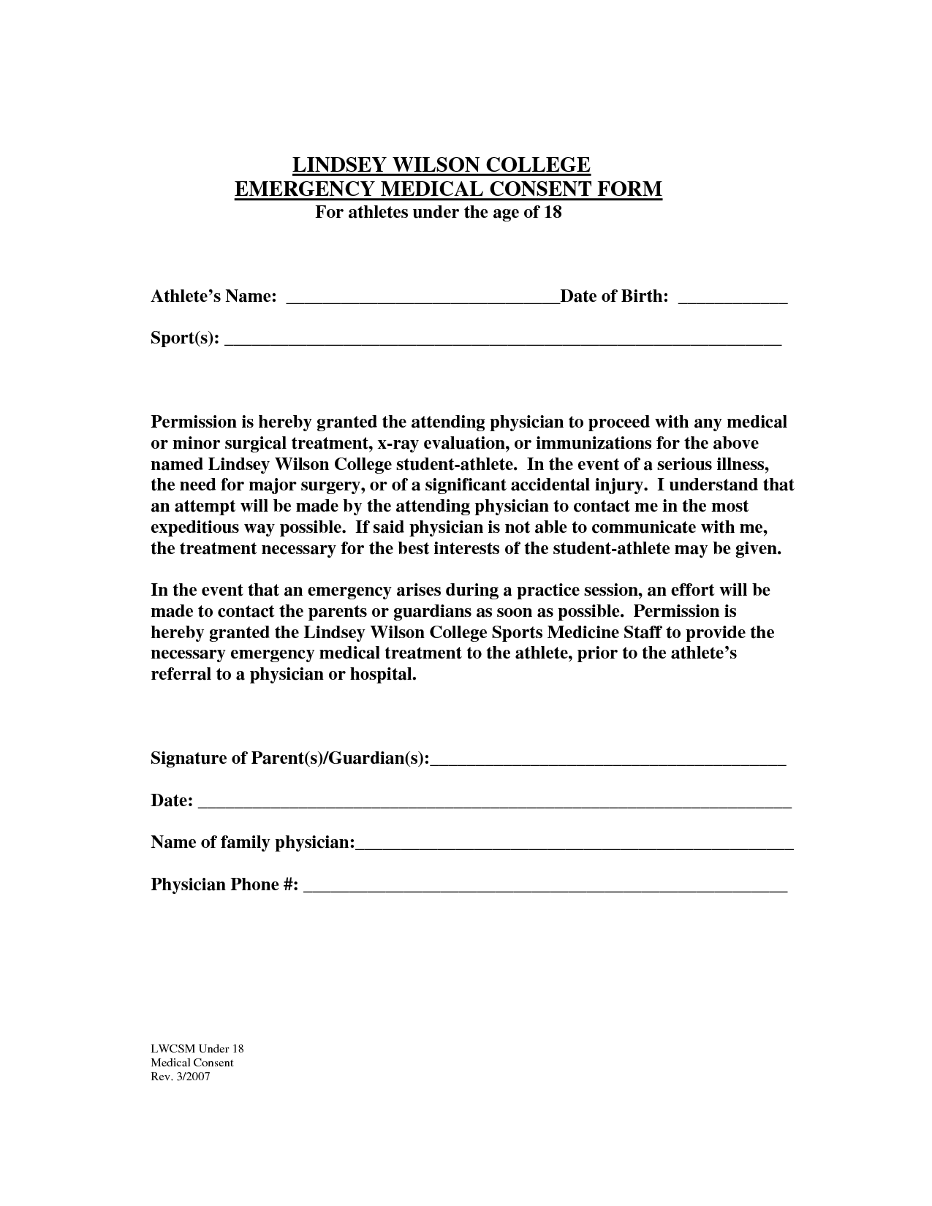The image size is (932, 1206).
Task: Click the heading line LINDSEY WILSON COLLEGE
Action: click(x=441, y=164)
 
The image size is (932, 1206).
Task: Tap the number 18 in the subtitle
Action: click(x=553, y=213)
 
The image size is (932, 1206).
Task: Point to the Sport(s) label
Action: click(x=184, y=338)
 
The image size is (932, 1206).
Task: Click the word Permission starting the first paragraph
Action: click(x=192, y=422)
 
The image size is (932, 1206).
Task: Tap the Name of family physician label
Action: click(x=252, y=843)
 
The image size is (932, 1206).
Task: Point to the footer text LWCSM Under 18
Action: click(x=197, y=1049)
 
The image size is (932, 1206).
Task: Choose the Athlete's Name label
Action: click(x=213, y=297)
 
